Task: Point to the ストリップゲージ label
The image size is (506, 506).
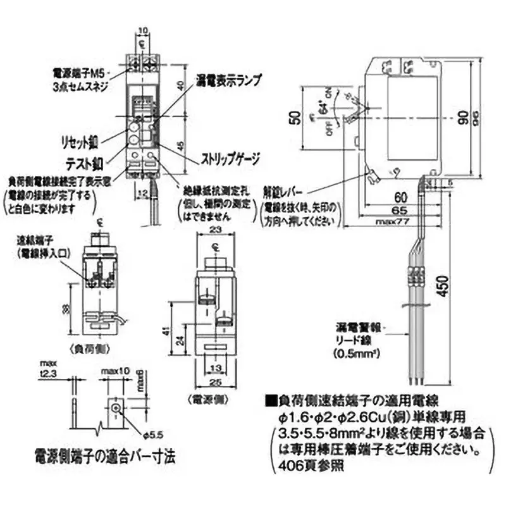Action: click(x=230, y=159)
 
